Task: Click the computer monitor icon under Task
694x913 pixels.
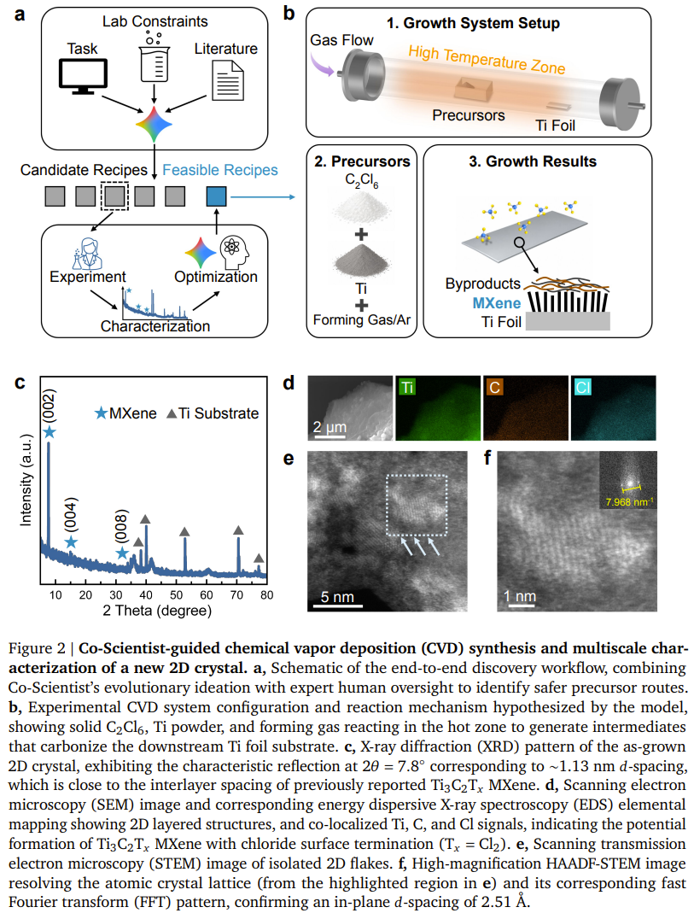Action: (83, 76)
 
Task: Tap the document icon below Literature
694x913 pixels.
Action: (227, 80)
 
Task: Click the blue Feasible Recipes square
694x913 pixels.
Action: (217, 196)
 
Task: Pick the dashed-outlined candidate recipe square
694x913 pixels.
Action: (114, 196)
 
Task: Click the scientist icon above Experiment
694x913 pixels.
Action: (88, 253)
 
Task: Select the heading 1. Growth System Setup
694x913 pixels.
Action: (473, 23)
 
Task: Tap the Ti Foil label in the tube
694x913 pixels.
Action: (555, 126)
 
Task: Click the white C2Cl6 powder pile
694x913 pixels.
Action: (361, 208)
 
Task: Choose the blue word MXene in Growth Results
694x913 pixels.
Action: (496, 303)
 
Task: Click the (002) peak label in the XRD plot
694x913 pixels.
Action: (49, 406)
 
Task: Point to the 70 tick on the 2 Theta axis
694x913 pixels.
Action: (236, 595)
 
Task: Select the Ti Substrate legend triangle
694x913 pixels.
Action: (172, 413)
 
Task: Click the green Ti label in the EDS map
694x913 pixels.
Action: (407, 387)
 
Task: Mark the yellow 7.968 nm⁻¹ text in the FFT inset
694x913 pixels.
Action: (629, 502)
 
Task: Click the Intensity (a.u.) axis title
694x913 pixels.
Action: (26, 480)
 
